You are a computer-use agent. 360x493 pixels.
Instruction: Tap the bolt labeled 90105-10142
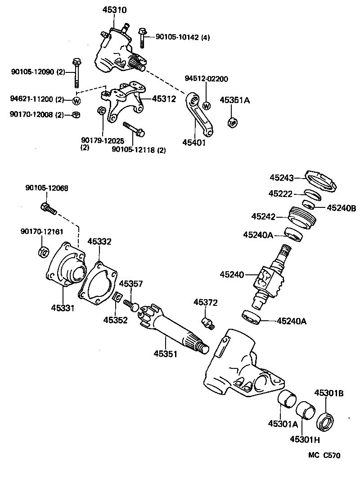point(142,38)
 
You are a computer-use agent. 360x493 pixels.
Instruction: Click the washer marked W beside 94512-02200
point(207,106)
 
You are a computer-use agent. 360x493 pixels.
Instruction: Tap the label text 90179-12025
point(102,141)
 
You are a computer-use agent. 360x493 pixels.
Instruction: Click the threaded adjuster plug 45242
point(302,216)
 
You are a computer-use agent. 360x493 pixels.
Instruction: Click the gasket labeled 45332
point(98,282)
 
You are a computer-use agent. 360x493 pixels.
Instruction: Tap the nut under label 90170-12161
point(44,252)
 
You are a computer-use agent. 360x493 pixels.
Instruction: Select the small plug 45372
point(208,321)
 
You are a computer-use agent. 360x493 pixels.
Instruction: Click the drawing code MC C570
point(324,455)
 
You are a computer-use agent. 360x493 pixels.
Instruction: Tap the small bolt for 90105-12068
point(48,208)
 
